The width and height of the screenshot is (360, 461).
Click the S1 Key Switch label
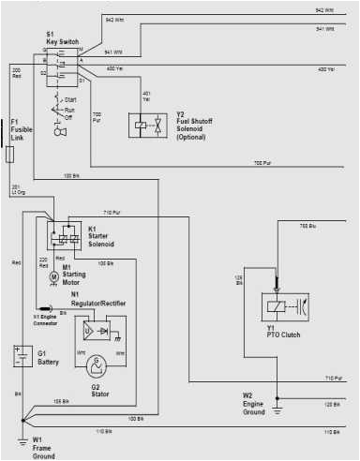pos(62,38)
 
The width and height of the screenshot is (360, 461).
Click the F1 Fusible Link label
pos(18,128)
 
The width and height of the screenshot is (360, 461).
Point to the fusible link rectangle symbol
pos(9,153)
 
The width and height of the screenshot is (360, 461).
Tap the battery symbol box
pos(19,356)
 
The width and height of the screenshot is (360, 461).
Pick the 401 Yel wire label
pos(146,96)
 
